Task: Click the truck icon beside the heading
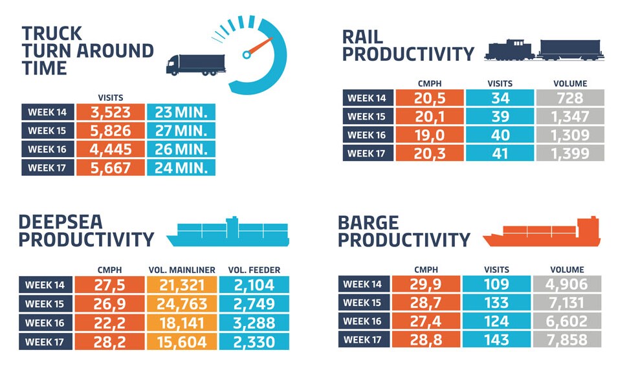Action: point(195,64)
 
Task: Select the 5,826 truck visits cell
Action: point(110,131)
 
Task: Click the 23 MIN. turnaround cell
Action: point(181,112)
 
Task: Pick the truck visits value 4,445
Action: point(110,149)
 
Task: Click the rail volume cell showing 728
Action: point(569,98)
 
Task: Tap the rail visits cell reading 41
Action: point(500,154)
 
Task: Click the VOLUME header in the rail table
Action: point(569,83)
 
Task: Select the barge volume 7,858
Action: point(567,340)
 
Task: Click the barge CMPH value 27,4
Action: point(430,321)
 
